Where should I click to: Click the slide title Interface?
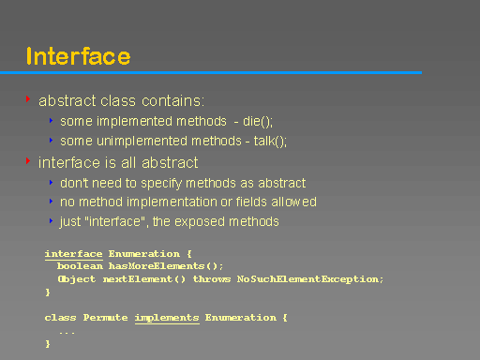pos(78,56)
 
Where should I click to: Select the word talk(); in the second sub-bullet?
pos(270,142)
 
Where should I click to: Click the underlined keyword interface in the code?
pos(73,253)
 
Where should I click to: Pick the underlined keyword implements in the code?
pos(167,317)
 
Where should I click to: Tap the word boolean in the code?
pos(79,266)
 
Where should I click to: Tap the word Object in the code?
pos(76,278)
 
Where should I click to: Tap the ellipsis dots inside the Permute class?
pos(67,331)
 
